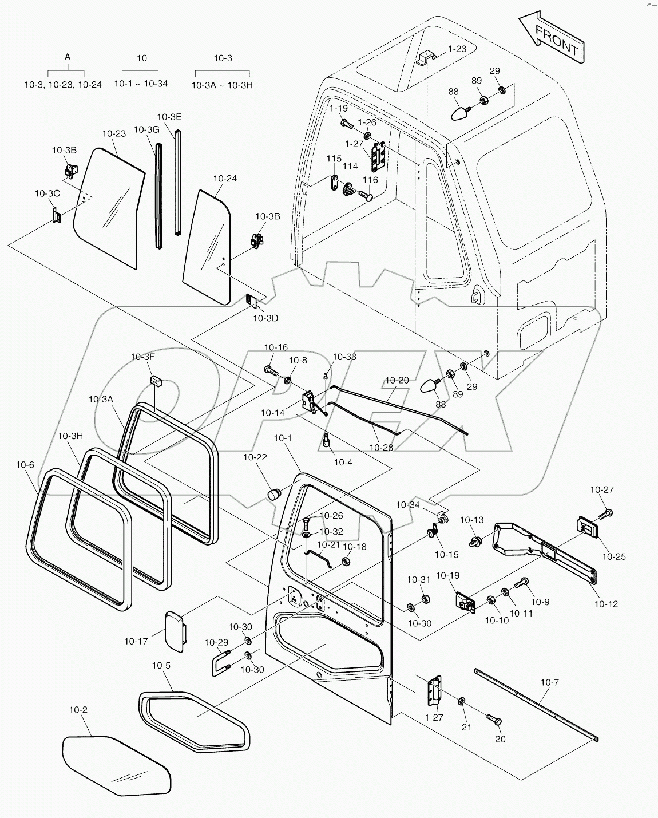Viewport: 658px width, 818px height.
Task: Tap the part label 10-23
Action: (x=114, y=134)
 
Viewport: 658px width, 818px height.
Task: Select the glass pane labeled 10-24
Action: (x=207, y=247)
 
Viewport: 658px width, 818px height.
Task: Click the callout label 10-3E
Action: (x=169, y=117)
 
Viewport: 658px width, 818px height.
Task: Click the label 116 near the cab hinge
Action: (x=370, y=180)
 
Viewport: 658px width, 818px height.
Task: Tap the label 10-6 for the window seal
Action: (x=25, y=465)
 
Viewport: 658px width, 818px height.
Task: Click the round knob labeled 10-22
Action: (x=274, y=495)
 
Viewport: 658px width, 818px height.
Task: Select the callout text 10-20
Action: (x=397, y=380)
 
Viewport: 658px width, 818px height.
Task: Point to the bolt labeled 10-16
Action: (x=271, y=369)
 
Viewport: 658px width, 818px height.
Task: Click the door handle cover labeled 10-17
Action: (x=175, y=631)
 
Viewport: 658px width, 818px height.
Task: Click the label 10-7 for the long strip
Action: (x=549, y=682)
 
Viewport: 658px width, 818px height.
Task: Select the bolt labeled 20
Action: (x=494, y=719)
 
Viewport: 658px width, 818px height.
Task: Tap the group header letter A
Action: (x=68, y=57)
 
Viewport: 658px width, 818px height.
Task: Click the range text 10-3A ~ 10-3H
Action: (x=222, y=85)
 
